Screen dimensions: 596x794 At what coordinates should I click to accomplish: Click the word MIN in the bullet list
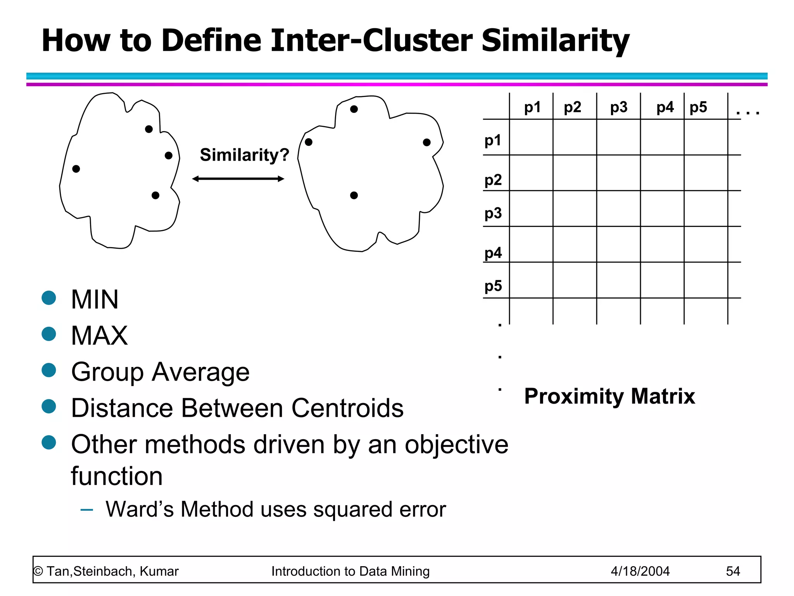pos(95,300)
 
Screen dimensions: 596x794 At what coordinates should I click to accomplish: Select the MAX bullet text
pos(99,336)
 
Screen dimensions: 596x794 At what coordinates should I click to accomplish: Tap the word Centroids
pos(347,408)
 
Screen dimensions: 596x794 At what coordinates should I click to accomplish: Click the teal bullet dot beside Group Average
pos(49,370)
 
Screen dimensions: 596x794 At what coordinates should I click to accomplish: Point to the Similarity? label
pos(244,155)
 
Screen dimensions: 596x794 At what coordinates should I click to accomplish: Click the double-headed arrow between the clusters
pos(238,178)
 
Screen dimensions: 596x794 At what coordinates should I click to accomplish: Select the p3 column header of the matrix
pos(618,107)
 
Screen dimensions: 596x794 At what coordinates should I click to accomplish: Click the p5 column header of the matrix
pos(698,107)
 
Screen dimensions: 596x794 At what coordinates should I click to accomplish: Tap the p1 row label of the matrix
pos(493,140)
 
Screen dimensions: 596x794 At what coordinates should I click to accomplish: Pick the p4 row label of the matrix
pos(493,253)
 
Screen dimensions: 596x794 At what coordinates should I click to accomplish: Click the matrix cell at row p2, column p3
pos(618,173)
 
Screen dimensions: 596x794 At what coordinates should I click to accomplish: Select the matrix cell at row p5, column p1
pos(531,280)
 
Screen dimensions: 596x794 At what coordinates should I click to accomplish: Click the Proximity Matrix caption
pos(609,396)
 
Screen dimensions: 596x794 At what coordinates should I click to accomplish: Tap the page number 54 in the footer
pos(733,571)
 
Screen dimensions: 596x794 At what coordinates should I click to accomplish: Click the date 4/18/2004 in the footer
pos(640,571)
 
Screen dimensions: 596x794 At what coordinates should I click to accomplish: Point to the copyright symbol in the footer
pos(38,571)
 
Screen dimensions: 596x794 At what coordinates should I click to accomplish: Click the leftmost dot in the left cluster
pos(76,169)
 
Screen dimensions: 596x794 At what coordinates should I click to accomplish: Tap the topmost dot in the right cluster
pos(354,109)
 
